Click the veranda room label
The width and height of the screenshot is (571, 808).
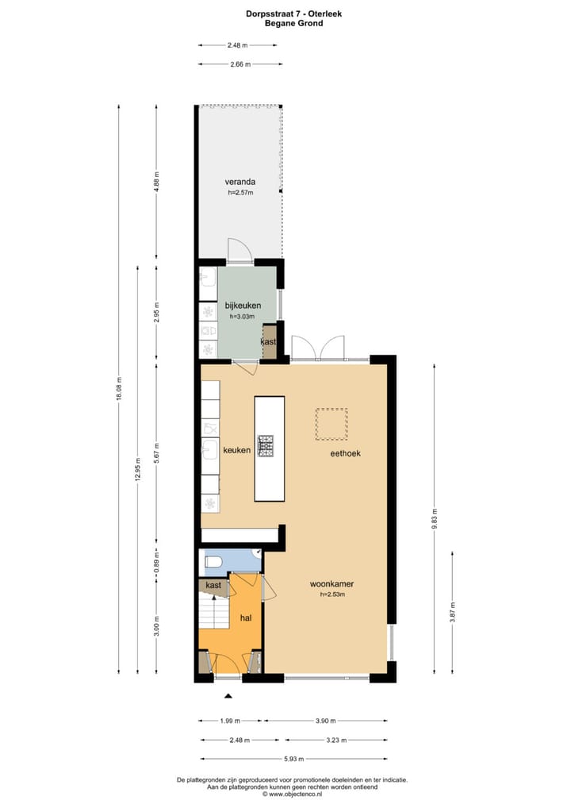click(240, 182)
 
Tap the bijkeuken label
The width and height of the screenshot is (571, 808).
click(243, 306)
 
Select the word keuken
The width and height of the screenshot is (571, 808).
click(236, 450)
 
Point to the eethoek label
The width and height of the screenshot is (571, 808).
click(347, 454)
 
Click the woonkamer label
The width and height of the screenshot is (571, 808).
click(331, 584)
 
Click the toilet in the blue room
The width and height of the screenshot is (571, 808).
click(213, 563)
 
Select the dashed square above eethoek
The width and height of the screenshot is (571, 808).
click(331, 424)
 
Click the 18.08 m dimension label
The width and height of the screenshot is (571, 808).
click(119, 388)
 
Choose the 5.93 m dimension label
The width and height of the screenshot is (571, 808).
click(294, 759)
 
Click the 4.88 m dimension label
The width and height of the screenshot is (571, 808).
click(157, 183)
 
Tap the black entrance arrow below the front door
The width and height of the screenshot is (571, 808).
click(228, 695)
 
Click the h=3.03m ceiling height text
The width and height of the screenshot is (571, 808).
click(241, 317)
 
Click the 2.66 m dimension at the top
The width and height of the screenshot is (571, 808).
click(240, 64)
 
